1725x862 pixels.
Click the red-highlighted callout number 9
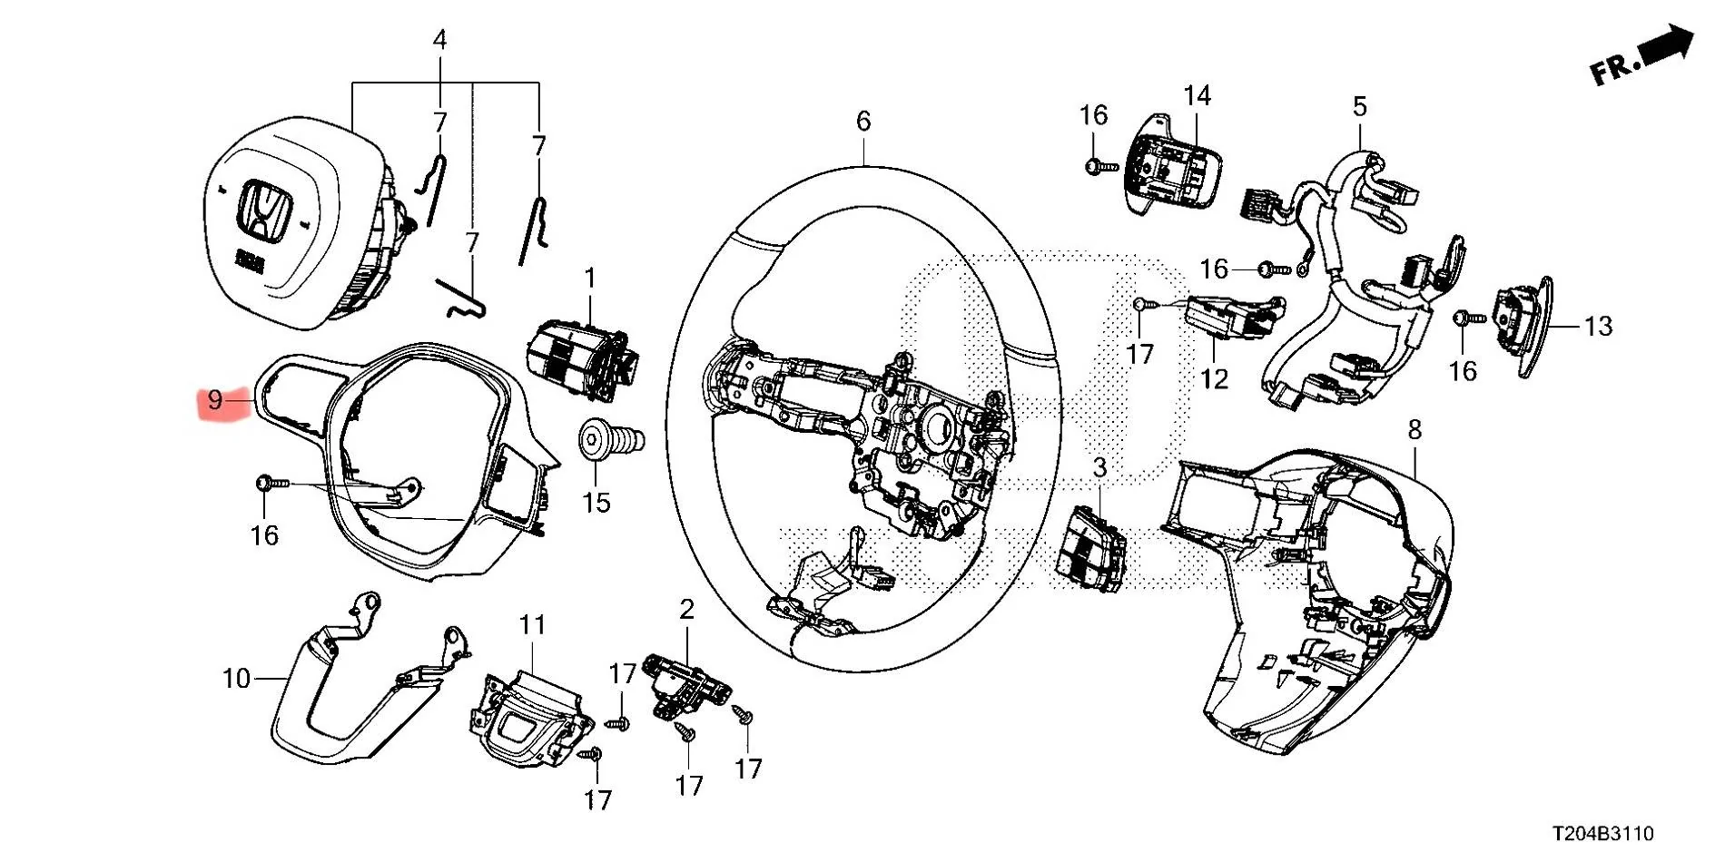click(215, 399)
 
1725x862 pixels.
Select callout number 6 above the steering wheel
click(862, 121)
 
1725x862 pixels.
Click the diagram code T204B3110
click(1602, 833)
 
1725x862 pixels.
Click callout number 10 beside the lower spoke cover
click(236, 678)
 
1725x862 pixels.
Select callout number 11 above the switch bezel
click(532, 625)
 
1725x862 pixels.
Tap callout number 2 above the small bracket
click(686, 610)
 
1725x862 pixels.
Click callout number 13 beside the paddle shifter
click(1598, 326)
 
